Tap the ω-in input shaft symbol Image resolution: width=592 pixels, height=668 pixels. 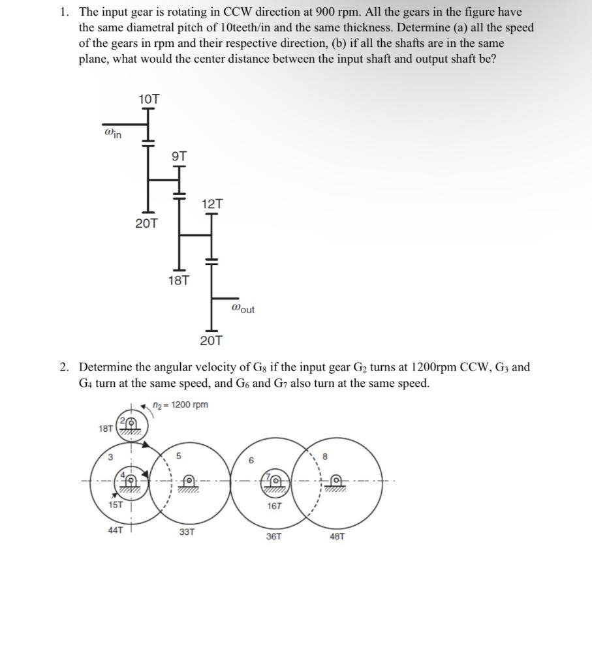pos(113,134)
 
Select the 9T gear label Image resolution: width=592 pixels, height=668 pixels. pos(179,156)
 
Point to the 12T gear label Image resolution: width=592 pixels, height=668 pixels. pos(212,204)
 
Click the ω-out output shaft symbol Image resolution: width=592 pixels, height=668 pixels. pos(243,309)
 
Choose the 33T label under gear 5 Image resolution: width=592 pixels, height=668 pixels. pos(187,532)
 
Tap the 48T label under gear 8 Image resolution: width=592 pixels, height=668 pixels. pos(337,536)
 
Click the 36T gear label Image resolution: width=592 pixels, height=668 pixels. pos(274,536)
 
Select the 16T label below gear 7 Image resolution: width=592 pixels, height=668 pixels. pos(274,506)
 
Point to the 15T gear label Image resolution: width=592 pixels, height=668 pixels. pos(116,506)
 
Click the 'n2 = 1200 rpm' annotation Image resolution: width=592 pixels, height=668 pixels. pos(179,404)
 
